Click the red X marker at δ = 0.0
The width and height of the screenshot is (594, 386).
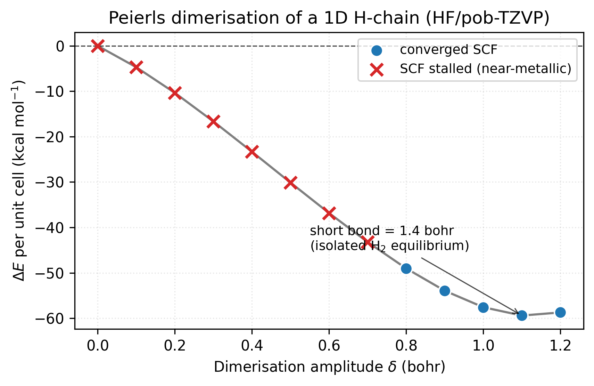[x=98, y=46]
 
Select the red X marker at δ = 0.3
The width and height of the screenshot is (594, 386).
[x=213, y=121]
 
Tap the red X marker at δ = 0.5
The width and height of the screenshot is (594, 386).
[x=290, y=183]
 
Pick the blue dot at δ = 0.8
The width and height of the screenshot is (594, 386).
[x=406, y=268]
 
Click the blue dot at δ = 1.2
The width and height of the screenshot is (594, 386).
[x=560, y=312]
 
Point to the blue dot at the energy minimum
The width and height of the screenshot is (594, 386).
[x=522, y=315]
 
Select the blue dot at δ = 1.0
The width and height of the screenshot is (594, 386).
[x=483, y=307]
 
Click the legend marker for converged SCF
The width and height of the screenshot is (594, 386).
[x=377, y=50]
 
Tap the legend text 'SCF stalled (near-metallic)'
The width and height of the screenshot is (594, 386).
[x=486, y=69]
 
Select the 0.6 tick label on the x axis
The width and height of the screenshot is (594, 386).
[x=329, y=346]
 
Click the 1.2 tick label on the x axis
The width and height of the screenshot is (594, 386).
[x=560, y=346]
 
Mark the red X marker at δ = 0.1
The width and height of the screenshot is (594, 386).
[x=136, y=67]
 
